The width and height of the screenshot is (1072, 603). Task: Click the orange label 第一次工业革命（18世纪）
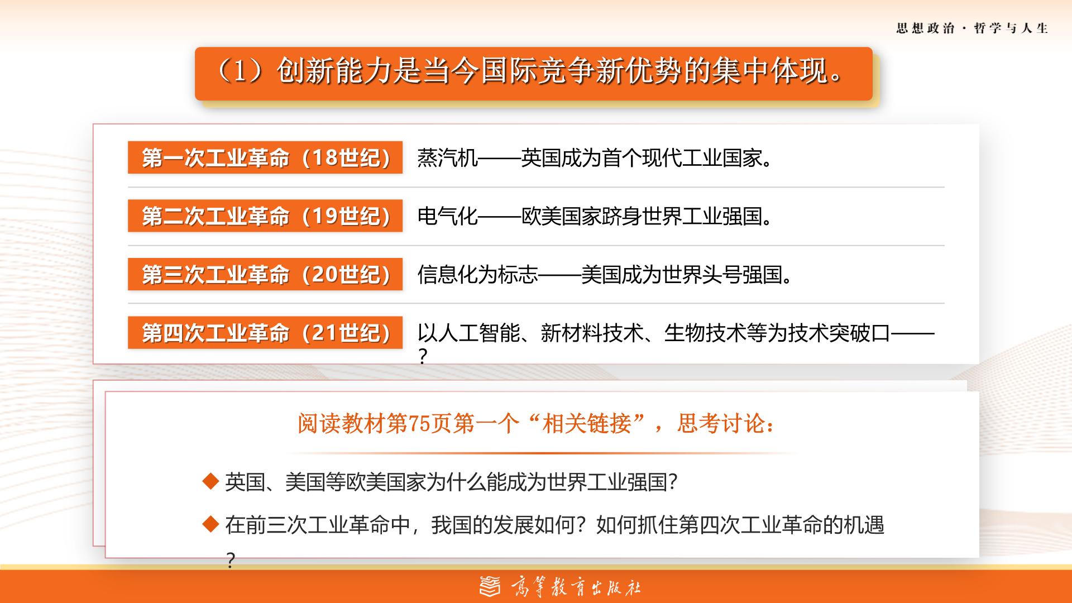pos(265,157)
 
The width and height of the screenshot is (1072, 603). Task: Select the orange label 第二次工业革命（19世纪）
pos(265,216)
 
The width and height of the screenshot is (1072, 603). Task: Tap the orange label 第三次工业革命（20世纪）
pos(265,274)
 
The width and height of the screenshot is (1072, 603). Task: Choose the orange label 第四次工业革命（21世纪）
pos(265,332)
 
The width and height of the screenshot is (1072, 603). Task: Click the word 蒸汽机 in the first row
pos(448,158)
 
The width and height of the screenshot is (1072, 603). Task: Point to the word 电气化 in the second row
pos(448,216)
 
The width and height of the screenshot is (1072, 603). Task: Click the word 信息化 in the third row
pos(448,275)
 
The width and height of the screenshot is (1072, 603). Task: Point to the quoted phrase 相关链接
pos(587,424)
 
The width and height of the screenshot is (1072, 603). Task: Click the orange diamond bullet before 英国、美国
pos(210,481)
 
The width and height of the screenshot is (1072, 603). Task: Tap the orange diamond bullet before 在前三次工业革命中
pos(210,524)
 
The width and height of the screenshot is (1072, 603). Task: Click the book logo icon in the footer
pos(490,586)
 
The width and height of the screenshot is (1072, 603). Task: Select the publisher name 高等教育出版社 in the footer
pos(576,587)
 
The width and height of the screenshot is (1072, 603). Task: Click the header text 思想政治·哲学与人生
pos(972,28)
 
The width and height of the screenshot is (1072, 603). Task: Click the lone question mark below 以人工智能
pos(423,356)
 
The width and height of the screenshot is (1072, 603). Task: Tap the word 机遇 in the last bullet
pos(864,525)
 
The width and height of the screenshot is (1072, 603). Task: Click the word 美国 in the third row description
pos(601,275)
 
